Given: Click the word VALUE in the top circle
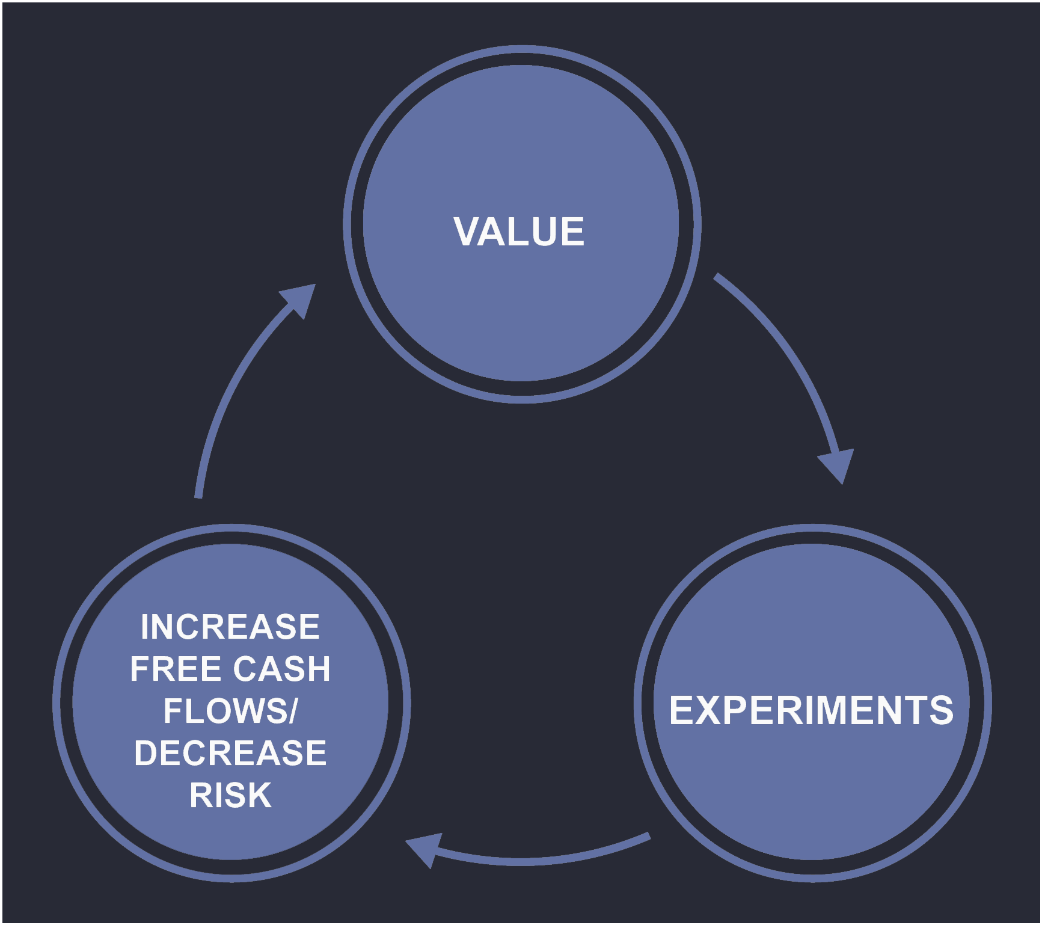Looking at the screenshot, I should (x=518, y=232).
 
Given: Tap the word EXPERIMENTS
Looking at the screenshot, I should (x=811, y=710).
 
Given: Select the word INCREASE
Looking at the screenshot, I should (x=230, y=627).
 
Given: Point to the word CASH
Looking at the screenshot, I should (x=281, y=669).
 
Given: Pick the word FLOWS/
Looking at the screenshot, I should (x=230, y=711).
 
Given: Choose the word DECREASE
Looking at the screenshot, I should (x=230, y=753).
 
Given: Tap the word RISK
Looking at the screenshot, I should (x=230, y=795).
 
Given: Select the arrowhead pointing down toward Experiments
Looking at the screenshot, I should (x=838, y=464).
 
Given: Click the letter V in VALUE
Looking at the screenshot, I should (x=467, y=232).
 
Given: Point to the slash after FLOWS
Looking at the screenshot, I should (x=293, y=711).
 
